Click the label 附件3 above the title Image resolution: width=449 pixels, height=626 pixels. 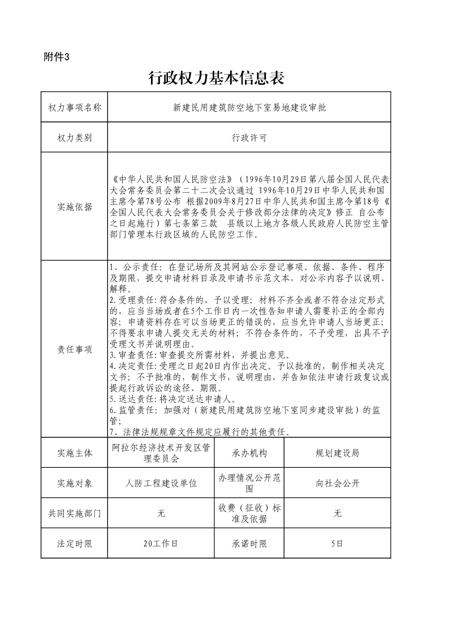56,56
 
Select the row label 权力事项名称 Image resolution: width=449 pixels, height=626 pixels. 75,107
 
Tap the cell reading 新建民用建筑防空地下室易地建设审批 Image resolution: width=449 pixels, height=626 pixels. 249,107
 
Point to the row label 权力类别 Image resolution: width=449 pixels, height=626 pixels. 75,137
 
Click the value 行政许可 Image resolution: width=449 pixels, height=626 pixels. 249,137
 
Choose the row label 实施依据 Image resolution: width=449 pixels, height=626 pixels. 75,207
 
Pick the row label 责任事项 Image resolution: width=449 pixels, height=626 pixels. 75,350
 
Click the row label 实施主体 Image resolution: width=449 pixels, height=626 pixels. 75,453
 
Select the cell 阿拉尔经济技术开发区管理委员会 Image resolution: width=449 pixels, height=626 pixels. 161,453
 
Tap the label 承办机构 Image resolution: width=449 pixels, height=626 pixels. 249,453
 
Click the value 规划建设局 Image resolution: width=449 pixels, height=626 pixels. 337,453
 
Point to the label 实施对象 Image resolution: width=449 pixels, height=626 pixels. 75,484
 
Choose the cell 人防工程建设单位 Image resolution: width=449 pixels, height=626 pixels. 161,484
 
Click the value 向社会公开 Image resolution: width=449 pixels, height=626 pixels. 337,484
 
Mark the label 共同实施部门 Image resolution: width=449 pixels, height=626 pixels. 75,514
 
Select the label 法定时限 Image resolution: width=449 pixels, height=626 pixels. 75,544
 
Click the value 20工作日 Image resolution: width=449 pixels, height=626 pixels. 161,544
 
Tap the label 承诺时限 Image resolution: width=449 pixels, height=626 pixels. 249,544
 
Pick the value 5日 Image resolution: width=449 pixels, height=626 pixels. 337,544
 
